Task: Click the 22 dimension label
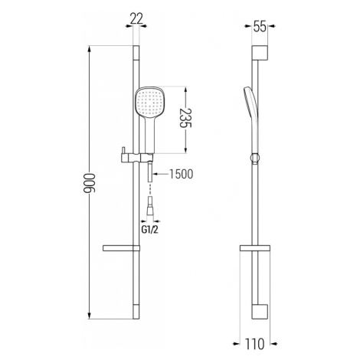coord(136,19)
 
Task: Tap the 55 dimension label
coord(260,27)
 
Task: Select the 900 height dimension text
coord(89,183)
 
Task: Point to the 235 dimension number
coord(185,118)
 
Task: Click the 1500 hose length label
coord(181,174)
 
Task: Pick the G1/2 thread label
coord(150,230)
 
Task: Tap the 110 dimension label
coord(254,344)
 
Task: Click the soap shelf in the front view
coord(121,248)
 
